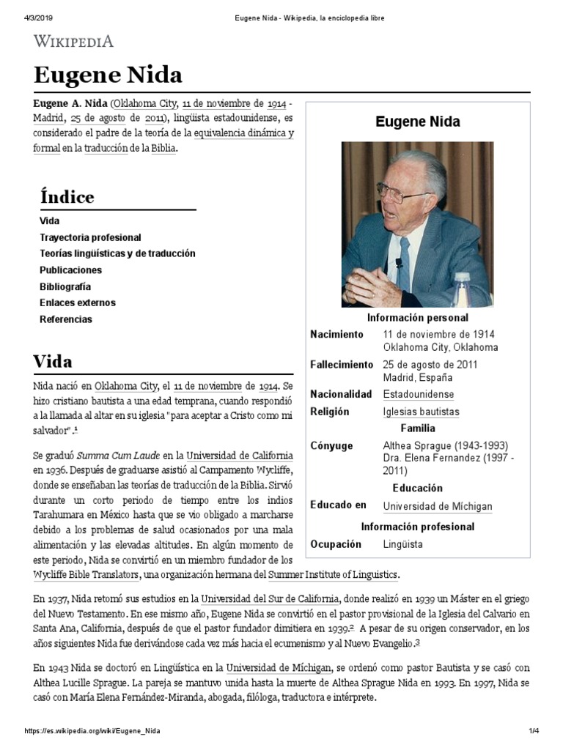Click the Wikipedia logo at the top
tap(73, 41)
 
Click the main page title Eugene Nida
tap(108, 75)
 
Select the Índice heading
tap(67, 198)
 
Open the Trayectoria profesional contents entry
tap(90, 237)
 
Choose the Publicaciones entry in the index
tap(70, 270)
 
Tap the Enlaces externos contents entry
tap(77, 302)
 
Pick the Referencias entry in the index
tap(66, 319)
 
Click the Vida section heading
tap(53, 362)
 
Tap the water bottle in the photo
tap(462, 289)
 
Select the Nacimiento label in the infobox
tap(336, 334)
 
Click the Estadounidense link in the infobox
tap(418, 394)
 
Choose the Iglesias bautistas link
tap(421, 412)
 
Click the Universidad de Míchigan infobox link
tap(438, 506)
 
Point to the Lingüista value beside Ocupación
tap(402, 544)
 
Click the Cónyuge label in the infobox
tap(331, 445)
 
